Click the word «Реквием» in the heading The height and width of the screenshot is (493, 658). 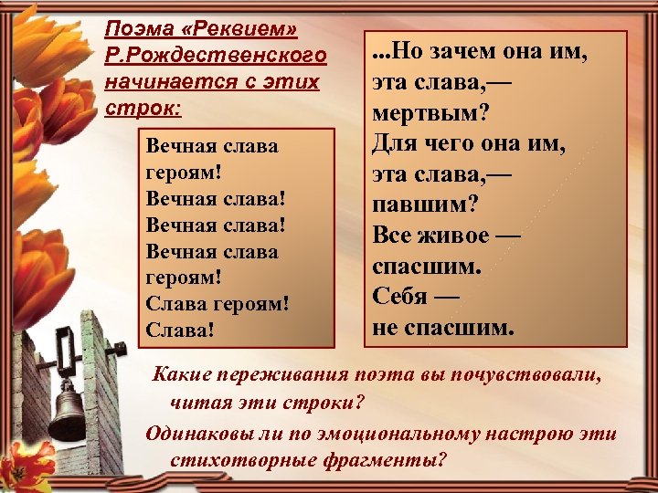point(239,30)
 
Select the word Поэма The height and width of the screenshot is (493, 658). point(136,30)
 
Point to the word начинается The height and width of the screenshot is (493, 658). point(163,82)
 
